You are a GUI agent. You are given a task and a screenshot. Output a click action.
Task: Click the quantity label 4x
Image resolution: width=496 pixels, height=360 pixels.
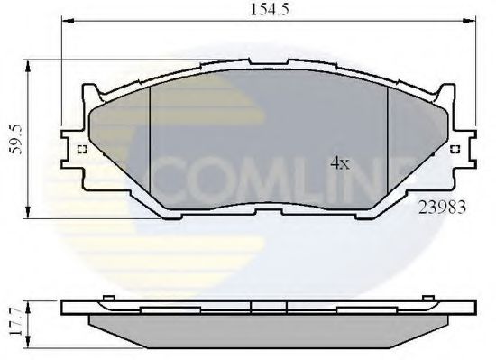(339, 163)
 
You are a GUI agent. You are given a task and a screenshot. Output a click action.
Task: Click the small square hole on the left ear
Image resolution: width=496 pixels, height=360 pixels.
(82, 151)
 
